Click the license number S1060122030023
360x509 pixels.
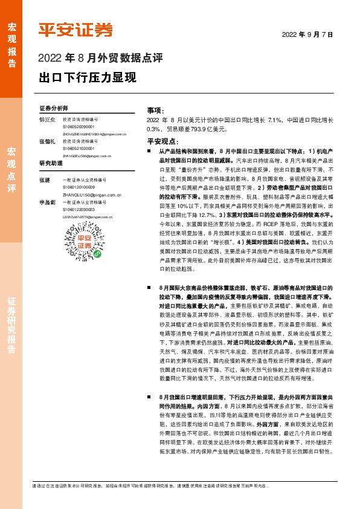click(78, 209)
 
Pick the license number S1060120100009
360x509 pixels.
click(78, 187)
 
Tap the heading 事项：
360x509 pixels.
click(155, 111)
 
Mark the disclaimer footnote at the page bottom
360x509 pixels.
click(171, 486)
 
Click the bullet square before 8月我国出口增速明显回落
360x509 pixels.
click(149, 396)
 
